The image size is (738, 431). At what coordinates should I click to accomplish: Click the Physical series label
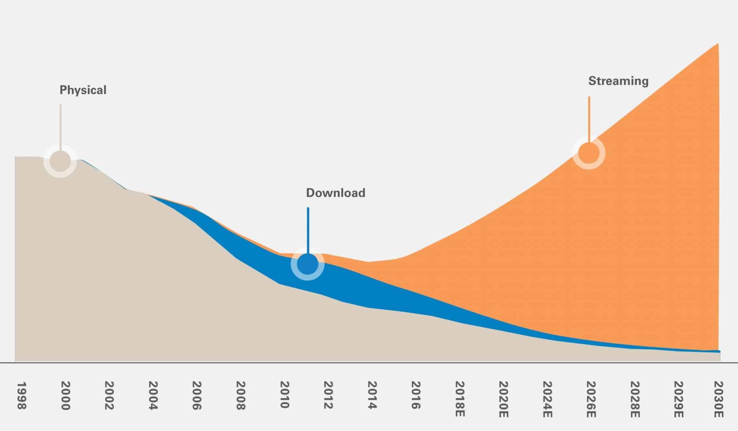(x=83, y=90)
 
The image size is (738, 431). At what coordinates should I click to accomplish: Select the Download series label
(x=335, y=193)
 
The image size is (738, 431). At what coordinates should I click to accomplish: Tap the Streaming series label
(x=618, y=81)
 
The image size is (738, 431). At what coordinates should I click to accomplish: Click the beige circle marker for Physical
(x=60, y=161)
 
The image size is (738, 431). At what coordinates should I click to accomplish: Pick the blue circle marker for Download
(x=307, y=264)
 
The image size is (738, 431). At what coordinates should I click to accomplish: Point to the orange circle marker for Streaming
(x=589, y=153)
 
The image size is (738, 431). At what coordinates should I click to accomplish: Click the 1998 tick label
(x=22, y=396)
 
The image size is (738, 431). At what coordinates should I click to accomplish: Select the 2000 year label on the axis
(x=65, y=396)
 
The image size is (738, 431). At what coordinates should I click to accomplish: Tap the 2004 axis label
(x=153, y=396)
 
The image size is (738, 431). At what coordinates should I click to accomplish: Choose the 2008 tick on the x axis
(x=240, y=396)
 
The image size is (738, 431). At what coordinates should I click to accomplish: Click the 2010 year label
(x=285, y=395)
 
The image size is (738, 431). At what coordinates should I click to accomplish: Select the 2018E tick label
(x=459, y=399)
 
